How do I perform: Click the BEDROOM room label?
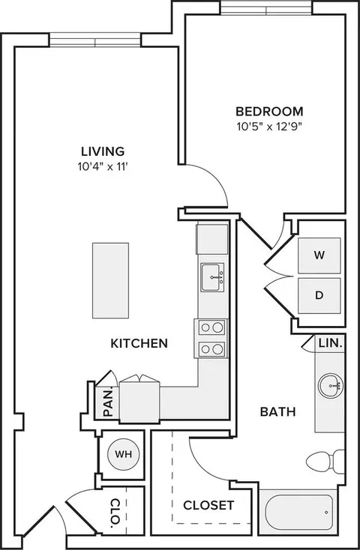click(x=269, y=112)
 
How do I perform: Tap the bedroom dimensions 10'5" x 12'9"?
click(x=269, y=127)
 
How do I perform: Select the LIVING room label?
click(x=103, y=151)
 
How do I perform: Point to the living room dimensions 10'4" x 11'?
click(x=103, y=166)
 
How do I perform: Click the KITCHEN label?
click(x=139, y=343)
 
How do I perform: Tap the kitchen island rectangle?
click(x=111, y=280)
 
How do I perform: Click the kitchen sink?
click(x=212, y=277)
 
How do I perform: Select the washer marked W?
click(x=319, y=256)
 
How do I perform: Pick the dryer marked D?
click(x=319, y=296)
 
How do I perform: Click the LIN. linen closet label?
click(x=331, y=343)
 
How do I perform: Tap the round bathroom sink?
click(x=331, y=385)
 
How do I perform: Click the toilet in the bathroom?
click(x=325, y=461)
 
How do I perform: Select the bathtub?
click(x=298, y=512)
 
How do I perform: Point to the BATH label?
click(x=277, y=412)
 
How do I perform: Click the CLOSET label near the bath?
click(x=208, y=506)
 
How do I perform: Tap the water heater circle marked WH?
click(x=123, y=454)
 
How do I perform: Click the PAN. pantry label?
click(x=109, y=402)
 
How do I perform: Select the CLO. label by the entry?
click(x=115, y=513)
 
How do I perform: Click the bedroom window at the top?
click(x=266, y=8)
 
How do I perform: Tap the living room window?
click(x=95, y=40)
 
